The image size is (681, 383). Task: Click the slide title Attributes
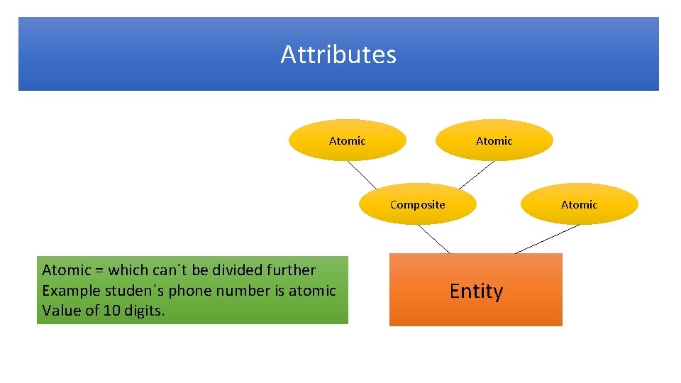338,55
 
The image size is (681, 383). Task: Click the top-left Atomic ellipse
347,140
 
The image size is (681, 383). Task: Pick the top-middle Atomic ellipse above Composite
494,140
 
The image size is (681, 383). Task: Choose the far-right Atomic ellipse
579,204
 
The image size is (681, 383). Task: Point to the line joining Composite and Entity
433,238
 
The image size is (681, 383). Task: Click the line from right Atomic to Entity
547,239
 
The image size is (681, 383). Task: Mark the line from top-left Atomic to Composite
362,175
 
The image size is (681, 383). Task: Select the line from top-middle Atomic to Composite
476,174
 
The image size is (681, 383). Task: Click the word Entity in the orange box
476,292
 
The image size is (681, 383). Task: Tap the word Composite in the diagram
417,205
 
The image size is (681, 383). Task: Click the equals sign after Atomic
99,270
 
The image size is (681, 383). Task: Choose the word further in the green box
290,270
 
